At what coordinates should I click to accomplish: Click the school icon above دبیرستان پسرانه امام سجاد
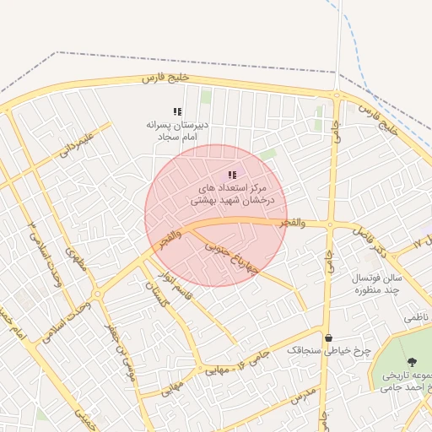tap(177, 111)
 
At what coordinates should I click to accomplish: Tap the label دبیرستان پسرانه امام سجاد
tap(176, 129)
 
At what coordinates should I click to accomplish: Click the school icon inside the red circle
tap(233, 175)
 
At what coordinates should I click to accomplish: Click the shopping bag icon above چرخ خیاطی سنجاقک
tap(327, 338)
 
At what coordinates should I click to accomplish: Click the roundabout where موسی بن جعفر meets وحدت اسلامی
tap(99, 294)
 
